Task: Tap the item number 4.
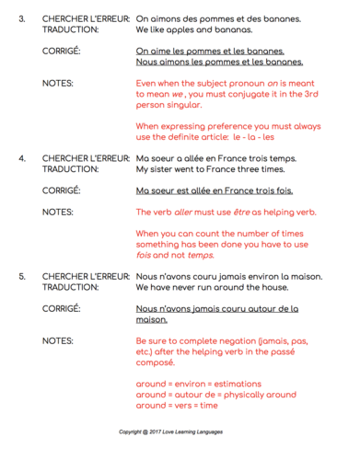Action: point(22,157)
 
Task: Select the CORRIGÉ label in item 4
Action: point(62,190)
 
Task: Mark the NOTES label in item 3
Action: point(58,83)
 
